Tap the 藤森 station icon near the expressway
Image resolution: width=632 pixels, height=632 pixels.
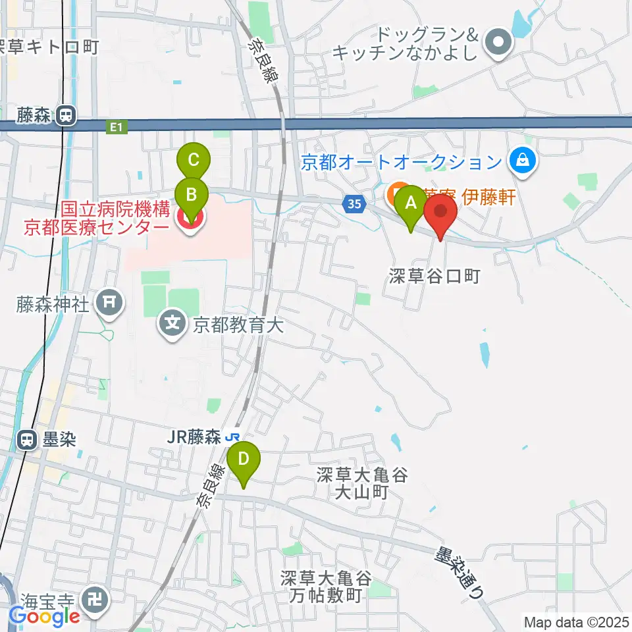tap(65, 117)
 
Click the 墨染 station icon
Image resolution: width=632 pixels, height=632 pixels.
tap(27, 439)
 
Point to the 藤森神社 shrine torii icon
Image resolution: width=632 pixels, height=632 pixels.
tap(109, 303)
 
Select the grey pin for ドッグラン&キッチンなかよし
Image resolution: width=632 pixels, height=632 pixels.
tap(498, 43)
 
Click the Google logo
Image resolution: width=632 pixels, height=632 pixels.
tap(44, 616)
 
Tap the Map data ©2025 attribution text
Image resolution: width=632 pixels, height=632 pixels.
tap(576, 621)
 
